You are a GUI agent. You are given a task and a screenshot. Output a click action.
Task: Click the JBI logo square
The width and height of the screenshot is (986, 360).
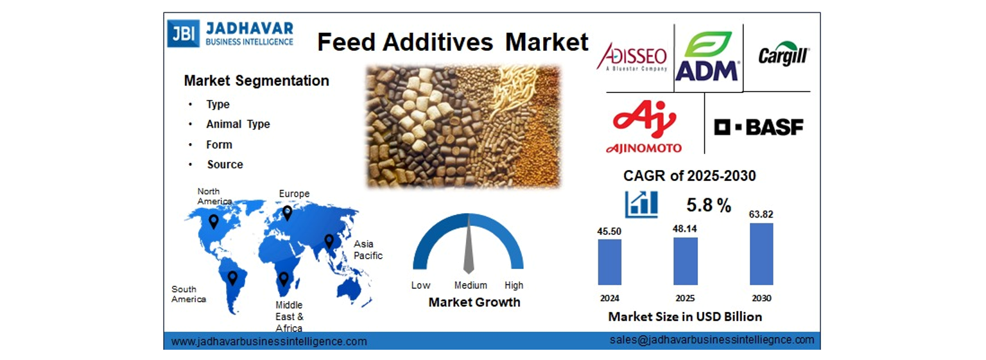tap(183, 33)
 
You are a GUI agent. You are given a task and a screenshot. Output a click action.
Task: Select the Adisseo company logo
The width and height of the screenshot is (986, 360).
tap(632, 56)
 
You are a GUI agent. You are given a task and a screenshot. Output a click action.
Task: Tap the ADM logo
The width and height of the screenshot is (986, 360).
tap(707, 56)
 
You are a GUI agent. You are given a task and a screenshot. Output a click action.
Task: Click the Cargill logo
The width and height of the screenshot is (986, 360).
tap(784, 54)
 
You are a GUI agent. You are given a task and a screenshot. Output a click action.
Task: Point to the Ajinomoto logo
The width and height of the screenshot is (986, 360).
tap(644, 127)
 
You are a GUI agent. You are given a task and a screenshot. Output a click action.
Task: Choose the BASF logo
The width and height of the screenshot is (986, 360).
tap(758, 127)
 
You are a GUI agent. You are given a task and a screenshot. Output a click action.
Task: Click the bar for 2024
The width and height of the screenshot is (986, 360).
tap(610, 262)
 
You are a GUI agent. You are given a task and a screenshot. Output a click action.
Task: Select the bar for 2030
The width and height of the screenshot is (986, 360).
tap(761, 254)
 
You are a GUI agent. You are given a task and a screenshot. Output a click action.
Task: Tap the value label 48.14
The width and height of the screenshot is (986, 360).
tap(684, 229)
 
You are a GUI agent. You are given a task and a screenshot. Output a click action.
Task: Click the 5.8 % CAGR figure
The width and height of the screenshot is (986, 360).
tap(709, 205)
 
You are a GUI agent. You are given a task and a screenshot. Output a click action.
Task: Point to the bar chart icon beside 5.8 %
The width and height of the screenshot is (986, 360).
tap(641, 204)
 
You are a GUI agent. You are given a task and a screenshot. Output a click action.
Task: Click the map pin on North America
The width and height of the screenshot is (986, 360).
tap(214, 221)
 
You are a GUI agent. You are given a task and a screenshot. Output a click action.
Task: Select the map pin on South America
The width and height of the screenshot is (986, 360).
tap(232, 278)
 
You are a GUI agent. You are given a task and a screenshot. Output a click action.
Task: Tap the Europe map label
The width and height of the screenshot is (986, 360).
tap(294, 194)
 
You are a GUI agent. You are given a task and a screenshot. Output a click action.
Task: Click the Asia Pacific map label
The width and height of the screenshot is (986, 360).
tap(368, 250)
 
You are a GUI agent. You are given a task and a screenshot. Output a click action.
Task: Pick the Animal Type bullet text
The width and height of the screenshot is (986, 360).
tap(238, 124)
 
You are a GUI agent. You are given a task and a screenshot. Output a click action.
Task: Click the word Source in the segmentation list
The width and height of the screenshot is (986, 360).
tap(225, 164)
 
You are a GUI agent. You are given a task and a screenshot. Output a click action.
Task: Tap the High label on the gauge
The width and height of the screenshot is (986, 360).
tap(514, 285)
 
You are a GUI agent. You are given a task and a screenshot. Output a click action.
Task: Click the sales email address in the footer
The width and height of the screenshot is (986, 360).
tap(712, 339)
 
